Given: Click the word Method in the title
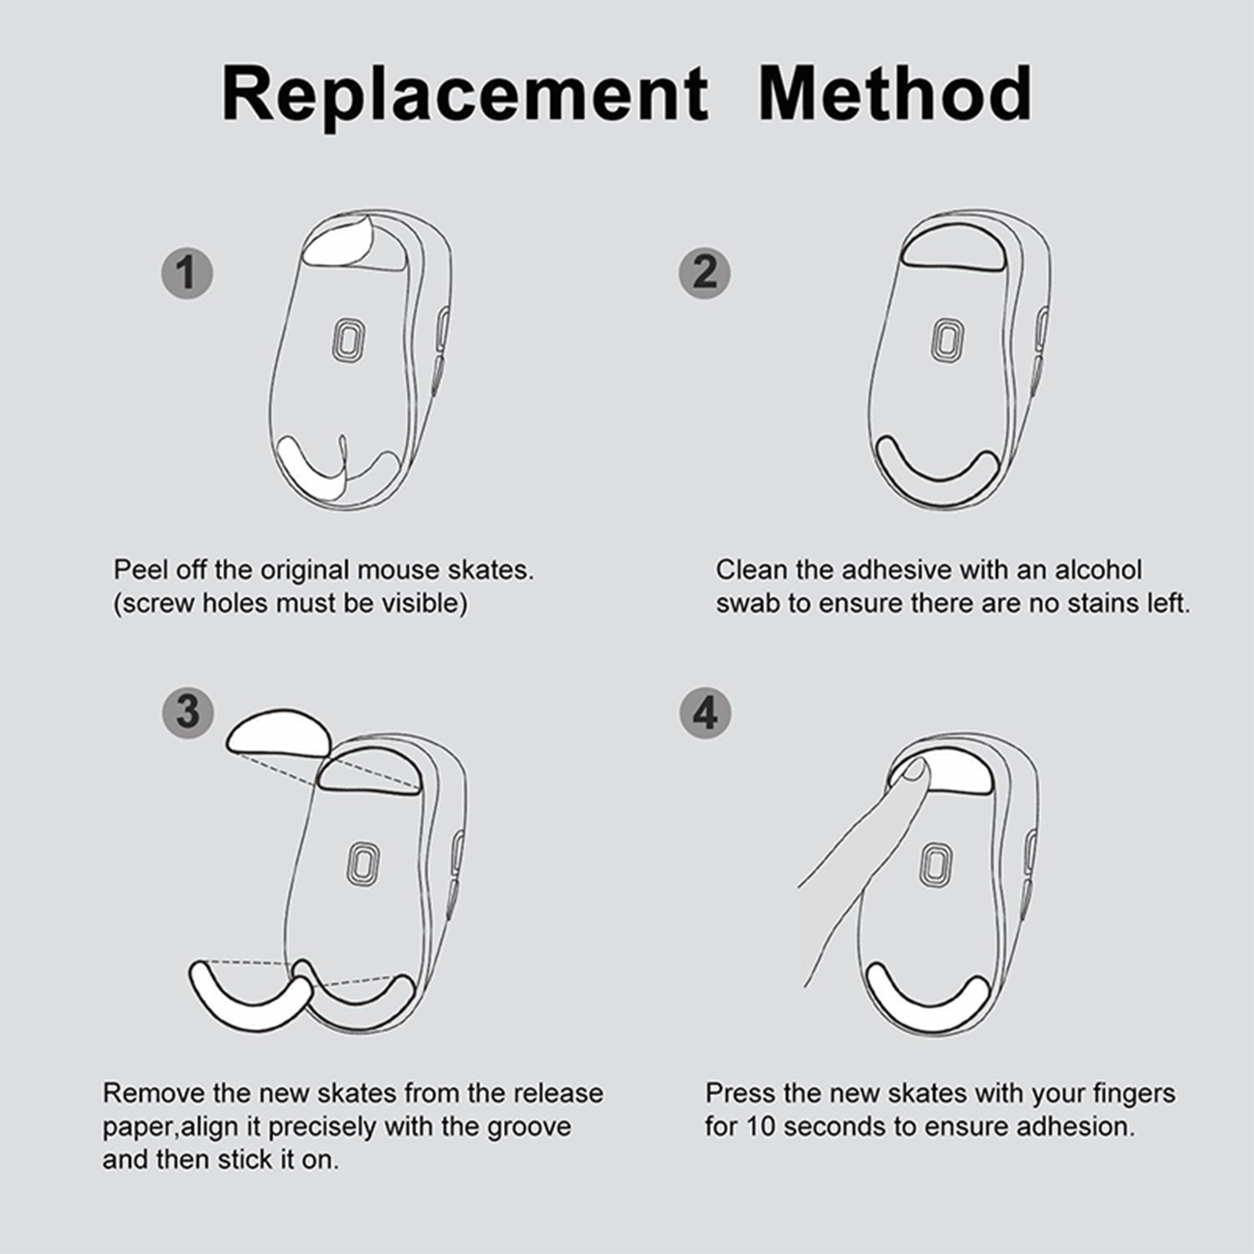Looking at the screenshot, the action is point(896,93).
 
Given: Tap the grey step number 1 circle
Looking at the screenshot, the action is point(187,273).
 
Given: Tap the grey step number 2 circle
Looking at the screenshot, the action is point(705,273).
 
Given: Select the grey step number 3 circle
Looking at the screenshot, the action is point(187,712).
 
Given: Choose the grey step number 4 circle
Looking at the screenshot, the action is point(705,713).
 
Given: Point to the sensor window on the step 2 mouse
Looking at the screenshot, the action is point(948,340).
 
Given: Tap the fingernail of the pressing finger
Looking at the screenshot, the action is point(913,771).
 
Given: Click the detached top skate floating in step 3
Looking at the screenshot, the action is point(279,732).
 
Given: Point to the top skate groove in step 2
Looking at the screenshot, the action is point(953,248).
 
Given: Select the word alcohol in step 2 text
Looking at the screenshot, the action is point(1098,570).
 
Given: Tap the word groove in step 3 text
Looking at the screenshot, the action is point(529,1127).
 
